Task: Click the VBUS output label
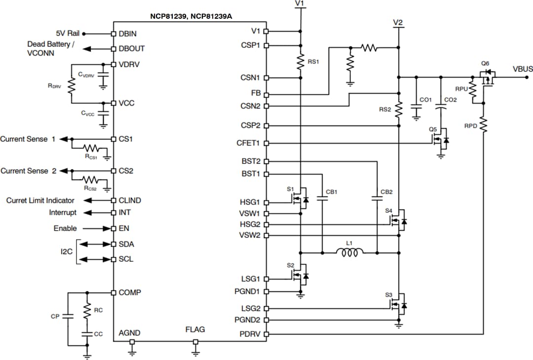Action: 523,69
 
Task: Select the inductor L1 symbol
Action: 349,253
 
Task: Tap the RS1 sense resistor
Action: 300,62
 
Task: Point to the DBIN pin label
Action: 128,34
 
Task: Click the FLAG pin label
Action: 195,329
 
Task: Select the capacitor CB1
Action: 322,199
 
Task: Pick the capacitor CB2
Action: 377,199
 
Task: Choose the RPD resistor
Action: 484,125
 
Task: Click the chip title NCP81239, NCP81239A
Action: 191,16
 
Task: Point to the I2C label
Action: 67,251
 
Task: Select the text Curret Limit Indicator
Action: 40,200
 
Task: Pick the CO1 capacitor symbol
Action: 416,110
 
